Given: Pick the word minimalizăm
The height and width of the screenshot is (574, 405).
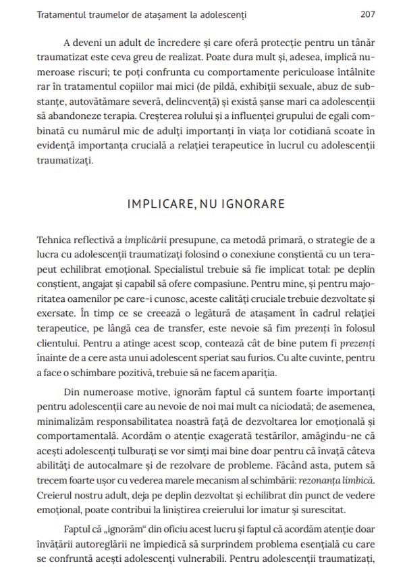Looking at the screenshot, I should click(x=58, y=422).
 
